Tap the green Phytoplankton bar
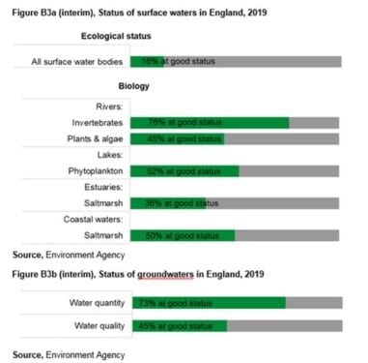point(184,171)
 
